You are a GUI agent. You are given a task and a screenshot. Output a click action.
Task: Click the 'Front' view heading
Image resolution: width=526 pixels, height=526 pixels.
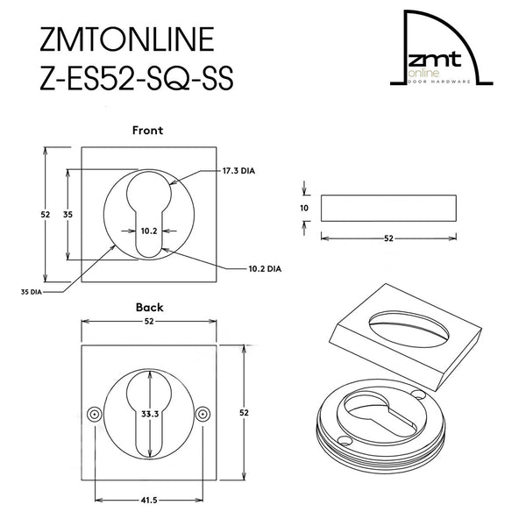point(147,130)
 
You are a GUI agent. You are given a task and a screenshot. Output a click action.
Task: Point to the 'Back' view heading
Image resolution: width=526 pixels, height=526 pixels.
point(149,308)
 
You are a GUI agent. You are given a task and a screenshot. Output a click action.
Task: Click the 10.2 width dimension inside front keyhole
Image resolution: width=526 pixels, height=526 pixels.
point(149,232)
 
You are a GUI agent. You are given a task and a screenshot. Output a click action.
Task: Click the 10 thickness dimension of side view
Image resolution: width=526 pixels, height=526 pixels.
point(303,208)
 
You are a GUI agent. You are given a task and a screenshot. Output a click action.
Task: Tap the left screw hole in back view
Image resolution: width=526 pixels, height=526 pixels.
point(93,414)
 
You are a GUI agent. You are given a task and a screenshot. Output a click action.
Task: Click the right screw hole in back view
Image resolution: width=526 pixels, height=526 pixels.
point(205,414)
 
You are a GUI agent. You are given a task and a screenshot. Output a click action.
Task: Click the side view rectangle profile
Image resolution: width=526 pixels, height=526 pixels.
point(387,208)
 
